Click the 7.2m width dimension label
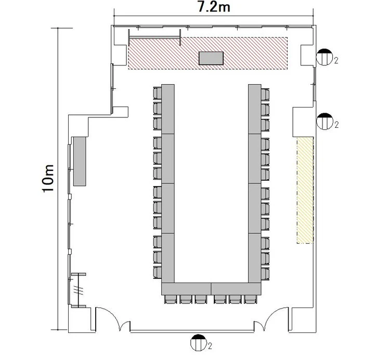coord(214,7)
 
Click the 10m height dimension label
coord(48,178)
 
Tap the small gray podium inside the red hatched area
coord(211,58)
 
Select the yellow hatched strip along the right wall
coord(305,190)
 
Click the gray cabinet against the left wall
coord(80,161)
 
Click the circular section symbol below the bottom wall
coord(199,343)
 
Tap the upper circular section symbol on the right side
coord(324,57)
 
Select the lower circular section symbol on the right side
coord(324,121)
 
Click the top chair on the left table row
coord(158,93)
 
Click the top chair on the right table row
coord(265,95)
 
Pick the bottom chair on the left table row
coord(158,272)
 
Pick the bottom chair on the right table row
coord(265,274)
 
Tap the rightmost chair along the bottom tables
coord(250,299)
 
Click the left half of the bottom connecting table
coord(186,289)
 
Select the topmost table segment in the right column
coord(255,109)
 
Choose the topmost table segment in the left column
coord(168,109)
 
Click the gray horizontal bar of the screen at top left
coord(155,37)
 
